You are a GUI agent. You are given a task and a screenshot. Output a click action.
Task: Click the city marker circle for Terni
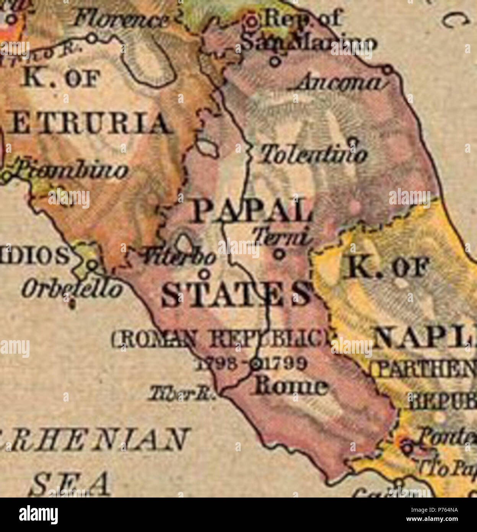coord(280,254)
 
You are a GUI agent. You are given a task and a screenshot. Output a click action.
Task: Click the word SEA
coord(71,484)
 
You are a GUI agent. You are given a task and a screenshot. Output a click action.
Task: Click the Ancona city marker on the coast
coord(387,70)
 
